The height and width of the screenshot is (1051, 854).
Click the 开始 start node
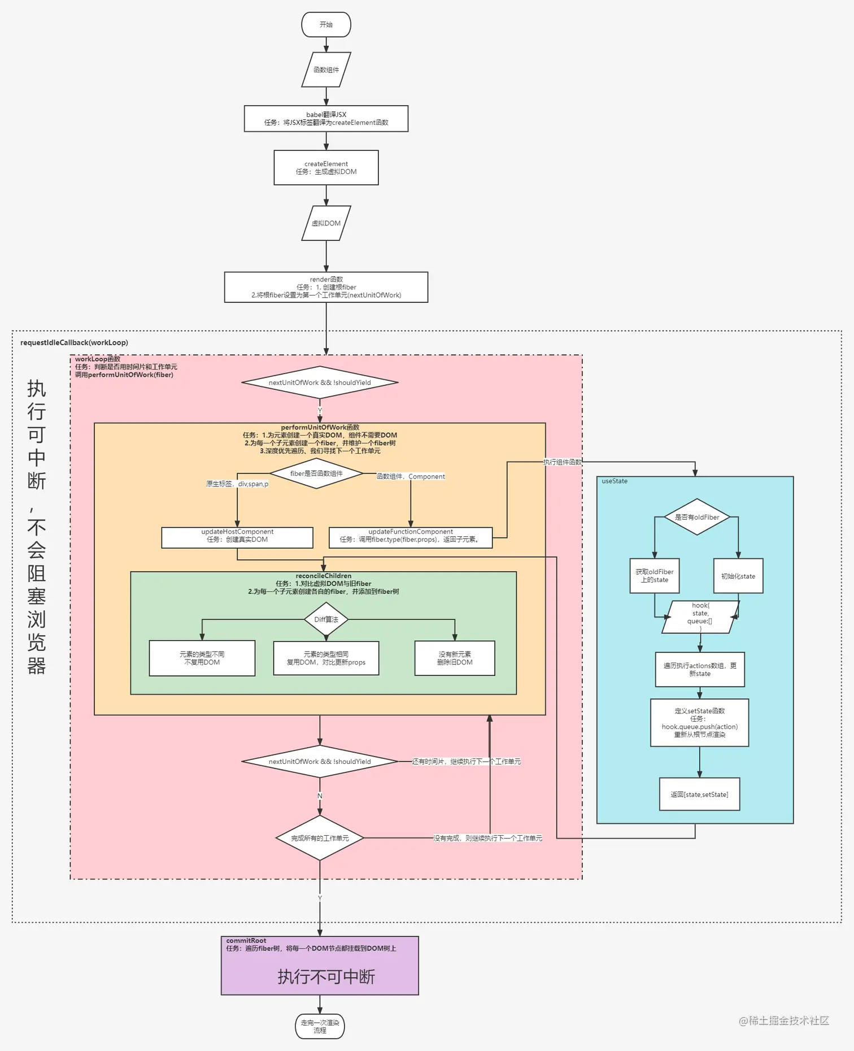(x=326, y=25)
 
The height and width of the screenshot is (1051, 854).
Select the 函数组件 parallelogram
(x=326, y=70)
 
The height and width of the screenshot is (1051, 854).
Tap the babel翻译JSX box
(x=326, y=119)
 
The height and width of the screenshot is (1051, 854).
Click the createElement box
(x=326, y=168)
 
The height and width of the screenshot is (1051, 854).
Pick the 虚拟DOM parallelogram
(x=326, y=223)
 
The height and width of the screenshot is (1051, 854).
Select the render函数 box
(x=326, y=287)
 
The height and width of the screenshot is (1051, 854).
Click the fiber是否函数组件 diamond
(x=316, y=474)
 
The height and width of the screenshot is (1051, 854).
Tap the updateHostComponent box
(x=237, y=537)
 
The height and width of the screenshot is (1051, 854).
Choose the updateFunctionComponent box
(x=411, y=537)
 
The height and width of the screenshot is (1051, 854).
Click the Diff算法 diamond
(x=326, y=619)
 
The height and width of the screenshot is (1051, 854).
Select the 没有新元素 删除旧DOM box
(x=455, y=658)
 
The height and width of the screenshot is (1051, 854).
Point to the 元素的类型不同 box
(x=202, y=658)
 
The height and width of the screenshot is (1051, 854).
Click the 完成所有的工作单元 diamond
(x=320, y=838)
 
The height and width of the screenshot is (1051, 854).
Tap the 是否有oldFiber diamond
(x=697, y=517)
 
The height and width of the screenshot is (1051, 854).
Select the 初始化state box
(x=738, y=576)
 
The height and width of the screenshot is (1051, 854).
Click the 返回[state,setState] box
(x=699, y=794)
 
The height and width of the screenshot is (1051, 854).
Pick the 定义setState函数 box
(x=699, y=723)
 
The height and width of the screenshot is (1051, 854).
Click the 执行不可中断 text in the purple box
(x=326, y=977)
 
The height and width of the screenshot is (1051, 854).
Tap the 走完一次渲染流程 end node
(x=320, y=1027)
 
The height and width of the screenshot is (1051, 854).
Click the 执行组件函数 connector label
(x=562, y=462)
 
